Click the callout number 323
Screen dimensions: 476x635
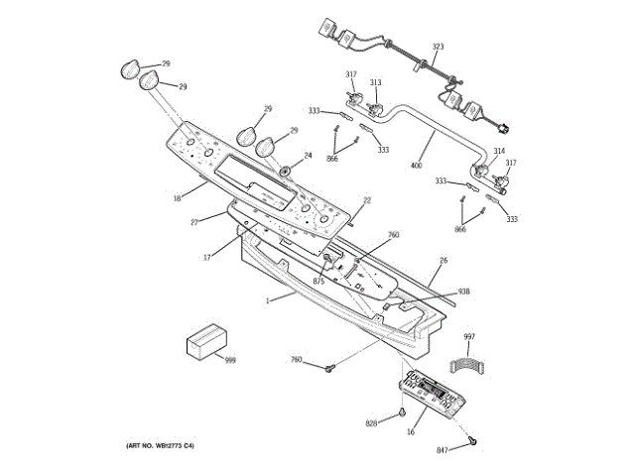pos(439,47)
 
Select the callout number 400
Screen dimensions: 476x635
pos(418,165)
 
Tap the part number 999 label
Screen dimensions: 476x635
pos(230,360)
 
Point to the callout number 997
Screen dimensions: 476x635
pos(469,338)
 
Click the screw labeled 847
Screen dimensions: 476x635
pos(474,439)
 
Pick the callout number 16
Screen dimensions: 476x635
pos(410,432)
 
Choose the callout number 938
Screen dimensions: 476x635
pos(463,292)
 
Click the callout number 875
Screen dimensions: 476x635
pos(318,282)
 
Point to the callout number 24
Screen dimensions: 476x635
pos(308,155)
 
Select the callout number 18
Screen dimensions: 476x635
pos(177,198)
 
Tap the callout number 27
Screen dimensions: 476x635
pos(195,222)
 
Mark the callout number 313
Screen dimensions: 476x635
pos(376,82)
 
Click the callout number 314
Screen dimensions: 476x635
pos(499,152)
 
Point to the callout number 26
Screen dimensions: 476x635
pos(444,261)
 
